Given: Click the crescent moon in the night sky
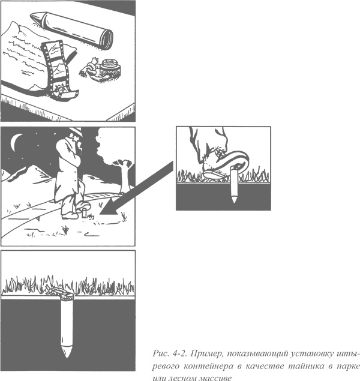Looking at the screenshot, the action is tap(14, 142).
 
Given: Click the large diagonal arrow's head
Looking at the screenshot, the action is tap(109, 207).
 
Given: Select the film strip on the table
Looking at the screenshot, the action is tap(58, 70).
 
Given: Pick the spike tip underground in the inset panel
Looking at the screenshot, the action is tap(233, 200).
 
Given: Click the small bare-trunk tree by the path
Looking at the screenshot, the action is tap(124, 176).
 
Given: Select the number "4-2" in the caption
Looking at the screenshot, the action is tap(179, 353).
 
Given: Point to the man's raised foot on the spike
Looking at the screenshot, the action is tap(83, 206).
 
